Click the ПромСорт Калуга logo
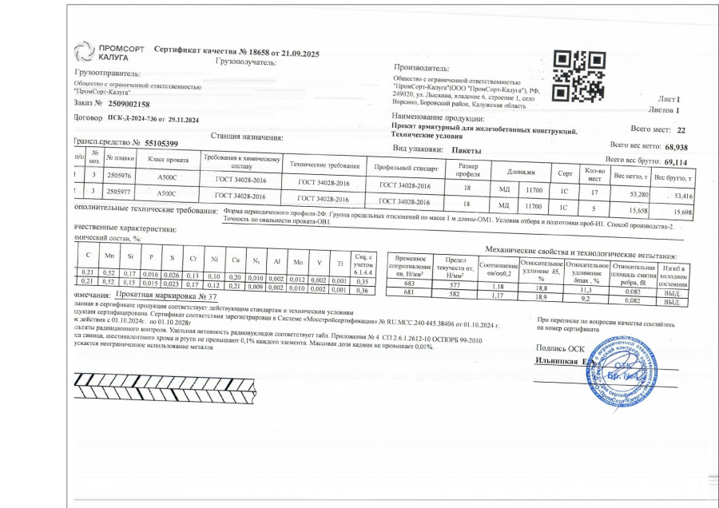(109, 53)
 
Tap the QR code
(579, 77)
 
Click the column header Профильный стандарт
(404, 169)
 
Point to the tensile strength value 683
(411, 284)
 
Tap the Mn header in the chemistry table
(109, 256)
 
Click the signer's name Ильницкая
(560, 361)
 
